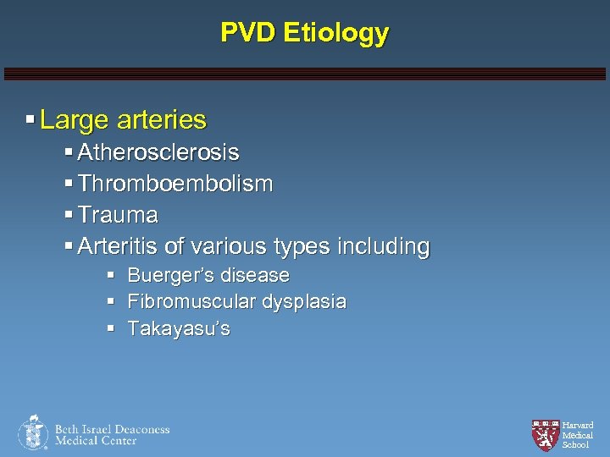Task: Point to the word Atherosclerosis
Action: (158, 153)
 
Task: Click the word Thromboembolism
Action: (175, 184)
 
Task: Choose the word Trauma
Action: (117, 215)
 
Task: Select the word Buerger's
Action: (166, 276)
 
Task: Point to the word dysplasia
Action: (304, 302)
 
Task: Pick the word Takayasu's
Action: (178, 328)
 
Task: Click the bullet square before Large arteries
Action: (30, 120)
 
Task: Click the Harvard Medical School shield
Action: (545, 434)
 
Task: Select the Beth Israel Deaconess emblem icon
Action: (33, 432)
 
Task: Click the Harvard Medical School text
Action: (578, 435)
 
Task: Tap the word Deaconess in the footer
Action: (141, 429)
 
